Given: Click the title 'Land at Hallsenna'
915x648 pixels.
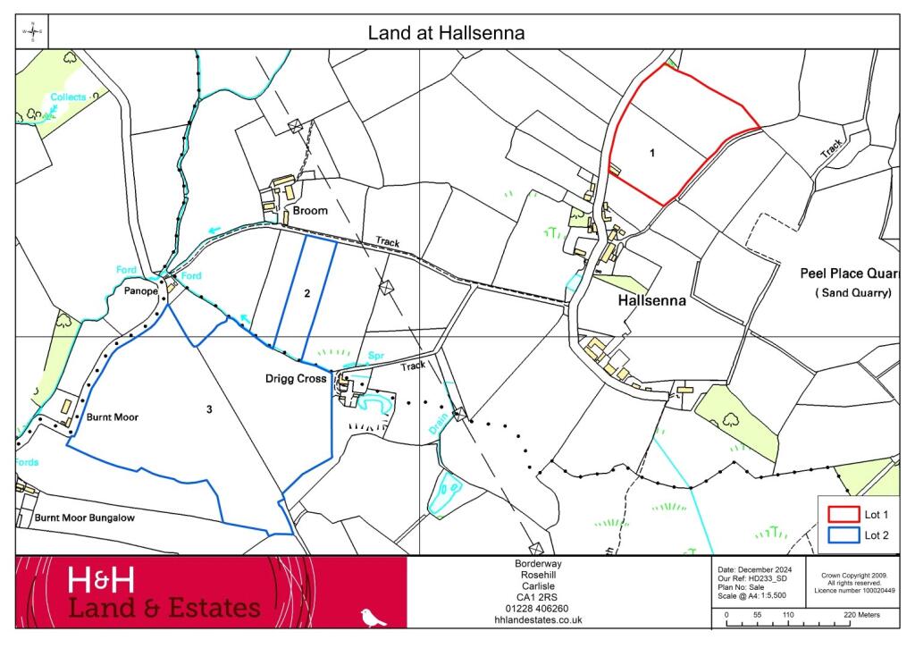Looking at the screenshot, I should point(446,33).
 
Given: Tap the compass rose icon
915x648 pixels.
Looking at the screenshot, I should point(33,32).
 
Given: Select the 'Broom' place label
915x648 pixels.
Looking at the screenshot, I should point(309,212).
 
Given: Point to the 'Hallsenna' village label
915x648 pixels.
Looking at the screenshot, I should point(652,301).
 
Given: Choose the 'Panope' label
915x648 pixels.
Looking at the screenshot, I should point(140,291).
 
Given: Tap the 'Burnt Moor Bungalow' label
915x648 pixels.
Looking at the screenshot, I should point(85,518).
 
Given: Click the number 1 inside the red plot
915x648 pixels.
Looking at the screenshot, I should point(652,153).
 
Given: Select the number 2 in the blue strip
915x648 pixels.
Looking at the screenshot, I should point(306,293).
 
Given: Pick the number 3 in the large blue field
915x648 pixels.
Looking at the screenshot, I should point(209,409).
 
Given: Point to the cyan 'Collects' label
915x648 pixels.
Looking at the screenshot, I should point(68,97).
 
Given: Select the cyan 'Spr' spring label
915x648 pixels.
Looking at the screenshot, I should point(376,356).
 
